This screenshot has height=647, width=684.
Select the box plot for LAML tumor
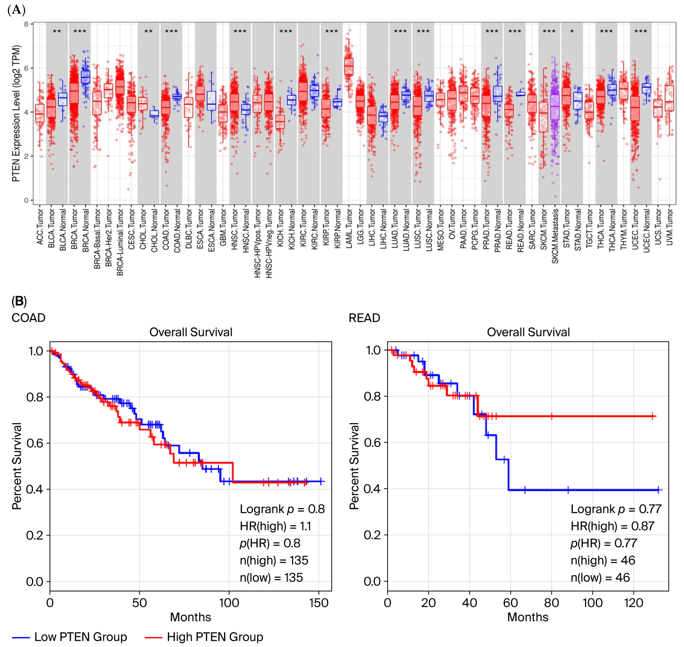point(349,66)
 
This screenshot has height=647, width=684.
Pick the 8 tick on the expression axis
point(26,24)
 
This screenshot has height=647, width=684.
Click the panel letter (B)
point(19,301)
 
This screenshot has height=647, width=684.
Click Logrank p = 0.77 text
point(616,509)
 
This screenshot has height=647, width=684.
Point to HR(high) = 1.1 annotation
point(275,526)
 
